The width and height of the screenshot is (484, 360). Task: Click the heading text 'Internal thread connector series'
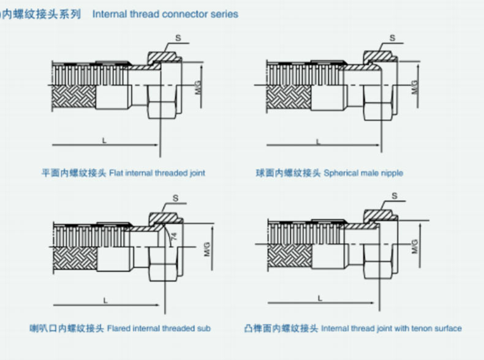[165, 13]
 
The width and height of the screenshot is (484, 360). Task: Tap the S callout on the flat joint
[178, 37]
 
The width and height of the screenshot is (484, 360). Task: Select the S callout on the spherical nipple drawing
[393, 37]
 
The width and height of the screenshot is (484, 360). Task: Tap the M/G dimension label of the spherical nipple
[414, 86]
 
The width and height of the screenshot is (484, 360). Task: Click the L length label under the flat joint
[104, 141]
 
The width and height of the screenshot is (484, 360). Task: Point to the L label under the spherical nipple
[317, 141]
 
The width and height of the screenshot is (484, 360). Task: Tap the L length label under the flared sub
[105, 300]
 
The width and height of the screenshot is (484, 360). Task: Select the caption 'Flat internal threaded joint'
[157, 173]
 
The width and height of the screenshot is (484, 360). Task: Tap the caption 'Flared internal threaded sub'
[159, 329]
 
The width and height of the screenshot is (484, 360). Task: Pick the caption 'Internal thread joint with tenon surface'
[391, 329]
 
